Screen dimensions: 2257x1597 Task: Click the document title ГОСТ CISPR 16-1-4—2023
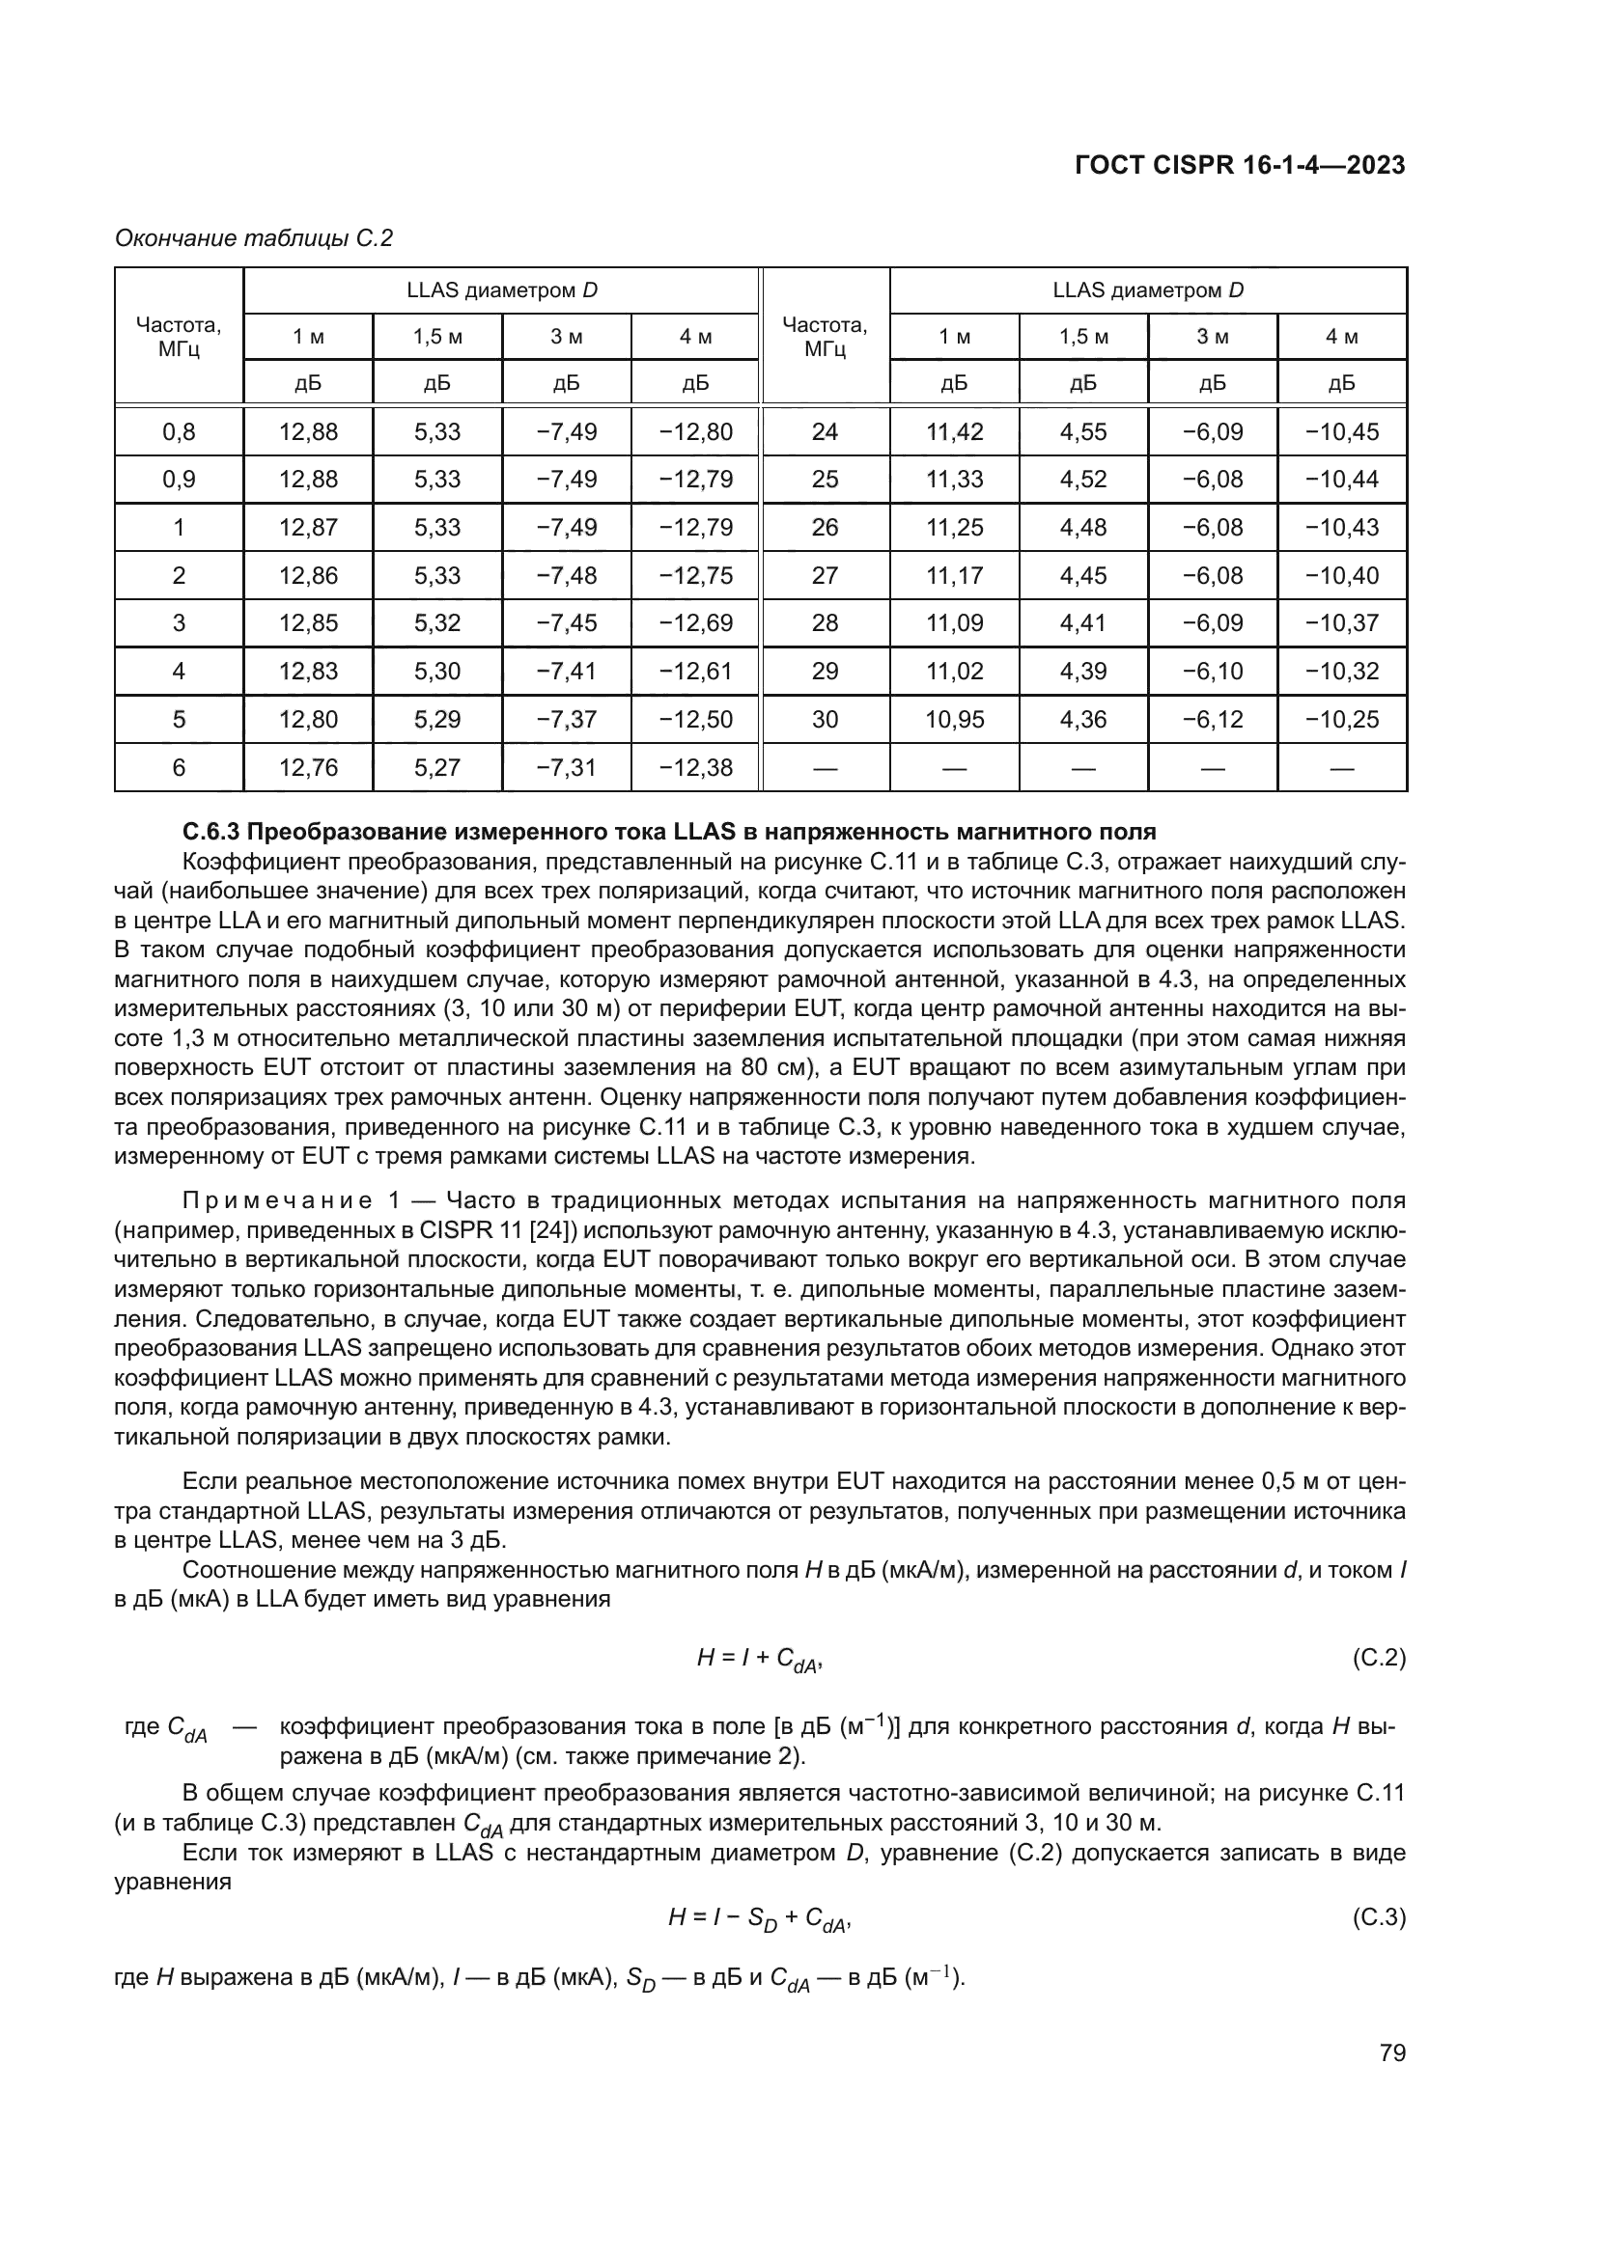1240,165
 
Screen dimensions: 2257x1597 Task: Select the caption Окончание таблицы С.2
254,238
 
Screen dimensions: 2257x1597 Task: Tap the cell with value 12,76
308,767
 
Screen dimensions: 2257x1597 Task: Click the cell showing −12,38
695,767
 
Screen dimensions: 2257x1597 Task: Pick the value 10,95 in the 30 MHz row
954,719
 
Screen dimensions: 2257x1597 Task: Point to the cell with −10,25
1341,719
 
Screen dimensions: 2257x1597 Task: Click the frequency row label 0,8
178,431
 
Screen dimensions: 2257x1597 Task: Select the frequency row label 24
824,431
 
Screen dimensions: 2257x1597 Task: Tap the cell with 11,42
954,431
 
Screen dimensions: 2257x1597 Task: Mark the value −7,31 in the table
566,767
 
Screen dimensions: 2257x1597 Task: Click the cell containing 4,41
1082,622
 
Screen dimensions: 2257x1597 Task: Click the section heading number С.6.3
211,833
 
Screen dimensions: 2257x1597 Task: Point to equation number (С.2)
1379,1659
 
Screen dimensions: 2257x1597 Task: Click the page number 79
1392,2053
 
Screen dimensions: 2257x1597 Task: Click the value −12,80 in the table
695,431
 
